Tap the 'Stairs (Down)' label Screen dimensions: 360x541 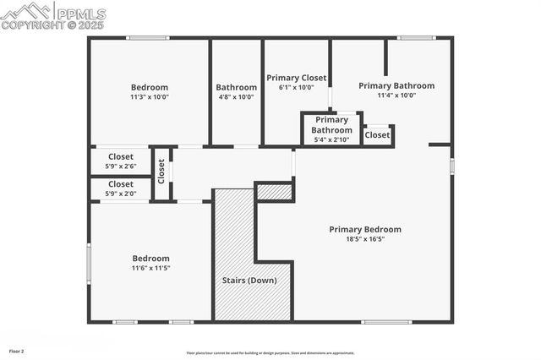[249, 280]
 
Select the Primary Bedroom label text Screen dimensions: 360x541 [365, 229]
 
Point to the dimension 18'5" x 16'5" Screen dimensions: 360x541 [365, 239]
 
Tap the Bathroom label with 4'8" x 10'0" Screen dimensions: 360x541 [236, 87]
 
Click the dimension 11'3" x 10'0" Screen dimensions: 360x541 [150, 96]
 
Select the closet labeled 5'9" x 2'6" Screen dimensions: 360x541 [121, 161]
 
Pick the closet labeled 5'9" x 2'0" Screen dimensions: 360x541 [121, 188]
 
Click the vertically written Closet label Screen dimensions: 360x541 [161, 167]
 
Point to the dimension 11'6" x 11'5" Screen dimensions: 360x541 [150, 268]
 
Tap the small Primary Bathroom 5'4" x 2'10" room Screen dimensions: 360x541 [331, 129]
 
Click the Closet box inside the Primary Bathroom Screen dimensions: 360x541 [377, 135]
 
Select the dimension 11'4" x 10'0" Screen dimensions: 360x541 [396, 95]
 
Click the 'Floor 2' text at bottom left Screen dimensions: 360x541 [17, 351]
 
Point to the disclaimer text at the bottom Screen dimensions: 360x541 [270, 353]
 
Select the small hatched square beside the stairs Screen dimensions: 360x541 [274, 192]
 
